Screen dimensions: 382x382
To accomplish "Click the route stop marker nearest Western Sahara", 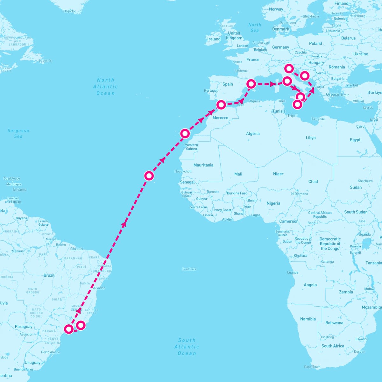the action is pyautogui.click(x=185, y=133).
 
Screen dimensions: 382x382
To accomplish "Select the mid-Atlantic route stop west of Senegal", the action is pyautogui.click(x=149, y=176).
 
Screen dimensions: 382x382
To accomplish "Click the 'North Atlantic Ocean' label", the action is pyautogui.click(x=105, y=87).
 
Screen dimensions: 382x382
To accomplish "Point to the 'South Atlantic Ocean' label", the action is pyautogui.click(x=187, y=347).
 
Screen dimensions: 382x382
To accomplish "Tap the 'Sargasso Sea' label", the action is pyautogui.click(x=18, y=133).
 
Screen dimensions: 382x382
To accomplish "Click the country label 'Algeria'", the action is pyautogui.click(x=253, y=134).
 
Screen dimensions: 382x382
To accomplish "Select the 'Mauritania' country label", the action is pyautogui.click(x=203, y=165).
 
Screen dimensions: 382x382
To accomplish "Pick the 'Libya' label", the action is pyautogui.click(x=310, y=138).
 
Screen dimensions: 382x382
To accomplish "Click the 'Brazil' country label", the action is pyautogui.click(x=49, y=275).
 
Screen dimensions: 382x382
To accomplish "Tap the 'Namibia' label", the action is pyautogui.click(x=308, y=319).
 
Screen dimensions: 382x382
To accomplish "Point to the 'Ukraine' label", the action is pyautogui.click(x=360, y=54).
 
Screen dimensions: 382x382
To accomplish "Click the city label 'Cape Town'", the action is pyautogui.click(x=312, y=367).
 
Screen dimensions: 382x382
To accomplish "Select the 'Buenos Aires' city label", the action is pyautogui.click(x=24, y=369).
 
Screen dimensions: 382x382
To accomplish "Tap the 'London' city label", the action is pyautogui.click(x=242, y=46).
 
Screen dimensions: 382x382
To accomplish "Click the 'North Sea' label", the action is pyautogui.click(x=255, y=27).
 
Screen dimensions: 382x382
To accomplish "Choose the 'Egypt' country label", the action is pyautogui.click(x=355, y=140).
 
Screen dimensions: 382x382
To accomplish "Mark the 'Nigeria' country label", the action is pyautogui.click(x=273, y=203).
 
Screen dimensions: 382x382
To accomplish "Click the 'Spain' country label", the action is pyautogui.click(x=228, y=84).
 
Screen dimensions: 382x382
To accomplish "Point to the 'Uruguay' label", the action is pyautogui.click(x=32, y=363).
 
